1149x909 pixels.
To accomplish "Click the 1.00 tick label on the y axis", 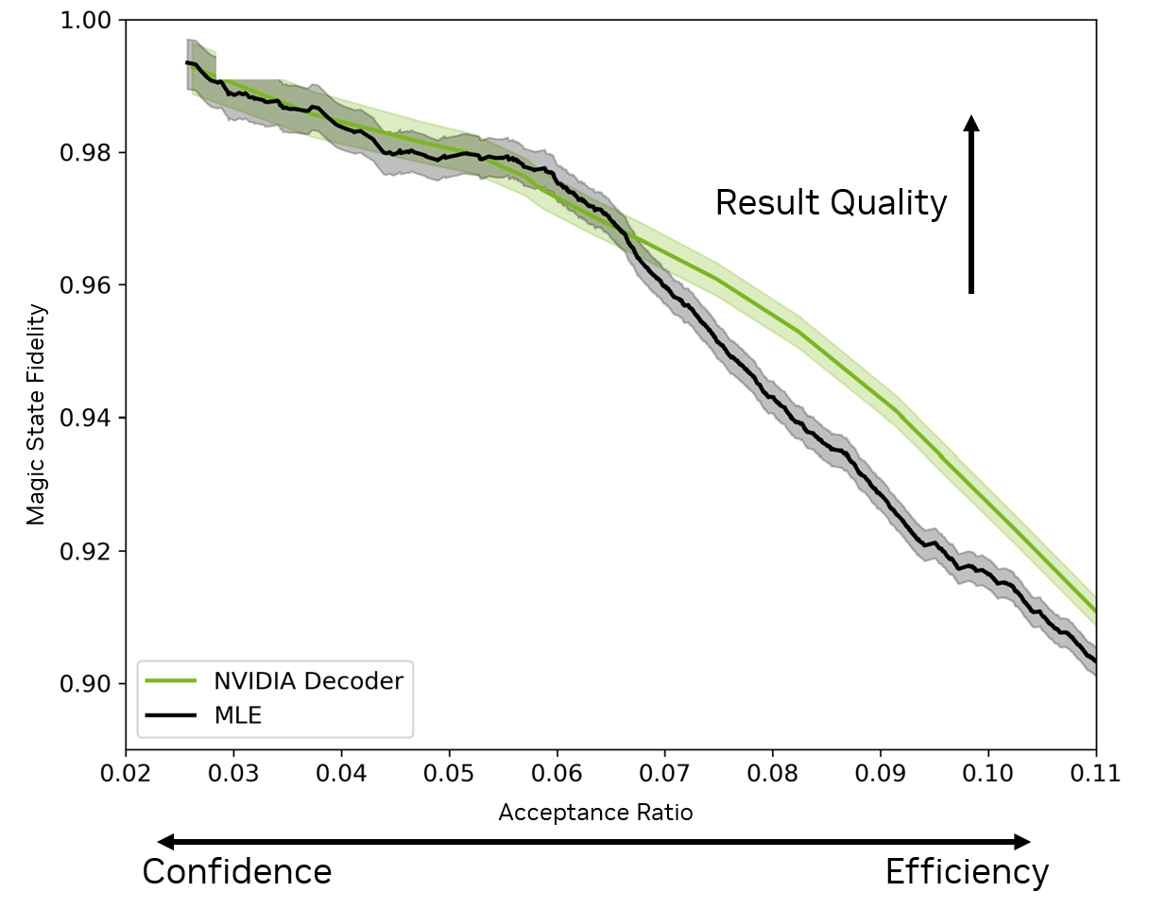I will pos(85,20).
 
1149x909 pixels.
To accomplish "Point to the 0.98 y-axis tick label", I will pos(85,152).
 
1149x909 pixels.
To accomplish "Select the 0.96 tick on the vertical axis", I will pos(85,285).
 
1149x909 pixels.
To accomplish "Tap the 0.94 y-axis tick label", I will pos(85,418).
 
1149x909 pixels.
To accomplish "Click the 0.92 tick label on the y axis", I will pos(85,551).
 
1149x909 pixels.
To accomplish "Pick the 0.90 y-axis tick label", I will pos(85,683).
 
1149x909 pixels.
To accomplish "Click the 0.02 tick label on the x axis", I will pos(126,774).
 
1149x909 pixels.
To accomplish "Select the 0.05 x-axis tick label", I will pos(449,774).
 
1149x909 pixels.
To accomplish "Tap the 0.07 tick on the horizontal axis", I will pos(665,774).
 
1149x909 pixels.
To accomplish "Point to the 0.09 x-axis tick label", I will pos(881,774).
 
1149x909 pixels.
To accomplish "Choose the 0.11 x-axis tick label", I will pos(1096,774).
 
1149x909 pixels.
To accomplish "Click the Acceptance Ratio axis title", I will pos(595,813).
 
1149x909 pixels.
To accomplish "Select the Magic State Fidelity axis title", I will pos(36,414).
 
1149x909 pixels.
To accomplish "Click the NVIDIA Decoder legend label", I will pos(308,681).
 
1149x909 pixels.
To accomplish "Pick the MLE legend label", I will pos(237,716).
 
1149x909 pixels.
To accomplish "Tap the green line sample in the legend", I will pos(172,681).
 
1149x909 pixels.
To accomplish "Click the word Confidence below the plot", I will pos(236,871).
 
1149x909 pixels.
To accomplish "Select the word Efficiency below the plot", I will pos(966,871).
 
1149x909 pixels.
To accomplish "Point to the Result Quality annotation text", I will pos(831,203).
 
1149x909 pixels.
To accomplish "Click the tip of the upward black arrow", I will pos(971,116).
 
